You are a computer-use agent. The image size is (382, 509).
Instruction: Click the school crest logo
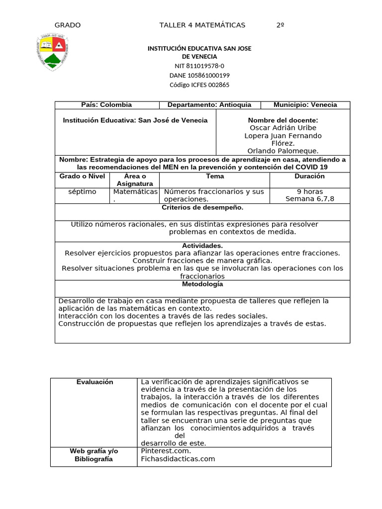(56, 52)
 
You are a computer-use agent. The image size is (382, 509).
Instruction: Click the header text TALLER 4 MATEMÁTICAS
(202, 25)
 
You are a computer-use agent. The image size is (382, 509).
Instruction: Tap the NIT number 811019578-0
(199, 66)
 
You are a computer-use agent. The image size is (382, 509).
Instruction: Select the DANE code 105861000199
(199, 76)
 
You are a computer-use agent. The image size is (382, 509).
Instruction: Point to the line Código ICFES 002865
(199, 85)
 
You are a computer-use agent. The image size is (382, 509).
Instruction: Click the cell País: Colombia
(106, 105)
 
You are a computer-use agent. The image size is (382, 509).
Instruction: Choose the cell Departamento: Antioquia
(209, 105)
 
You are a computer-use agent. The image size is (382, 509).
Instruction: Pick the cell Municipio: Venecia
(305, 105)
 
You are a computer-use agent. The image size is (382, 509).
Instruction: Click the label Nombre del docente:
(283, 120)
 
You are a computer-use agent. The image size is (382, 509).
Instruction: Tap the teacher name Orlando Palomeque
(283, 151)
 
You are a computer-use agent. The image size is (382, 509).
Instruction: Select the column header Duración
(309, 176)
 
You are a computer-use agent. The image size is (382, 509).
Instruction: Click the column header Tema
(215, 176)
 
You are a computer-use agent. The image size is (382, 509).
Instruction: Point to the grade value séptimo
(82, 191)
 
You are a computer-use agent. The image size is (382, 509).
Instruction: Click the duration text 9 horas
(309, 191)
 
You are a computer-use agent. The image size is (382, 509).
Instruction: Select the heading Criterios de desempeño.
(202, 207)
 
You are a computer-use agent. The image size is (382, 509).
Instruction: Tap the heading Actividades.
(202, 246)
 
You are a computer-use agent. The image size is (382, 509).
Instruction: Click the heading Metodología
(202, 284)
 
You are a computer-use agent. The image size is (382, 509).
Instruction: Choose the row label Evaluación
(95, 382)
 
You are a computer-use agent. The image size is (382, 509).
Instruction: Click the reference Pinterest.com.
(166, 451)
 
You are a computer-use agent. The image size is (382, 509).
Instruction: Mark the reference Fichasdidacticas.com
(178, 459)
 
